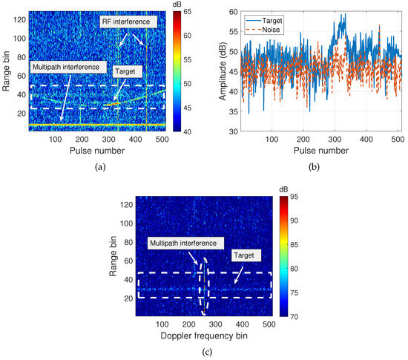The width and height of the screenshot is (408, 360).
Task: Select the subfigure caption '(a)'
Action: (100, 168)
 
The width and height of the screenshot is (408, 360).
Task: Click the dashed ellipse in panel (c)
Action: (201, 286)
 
